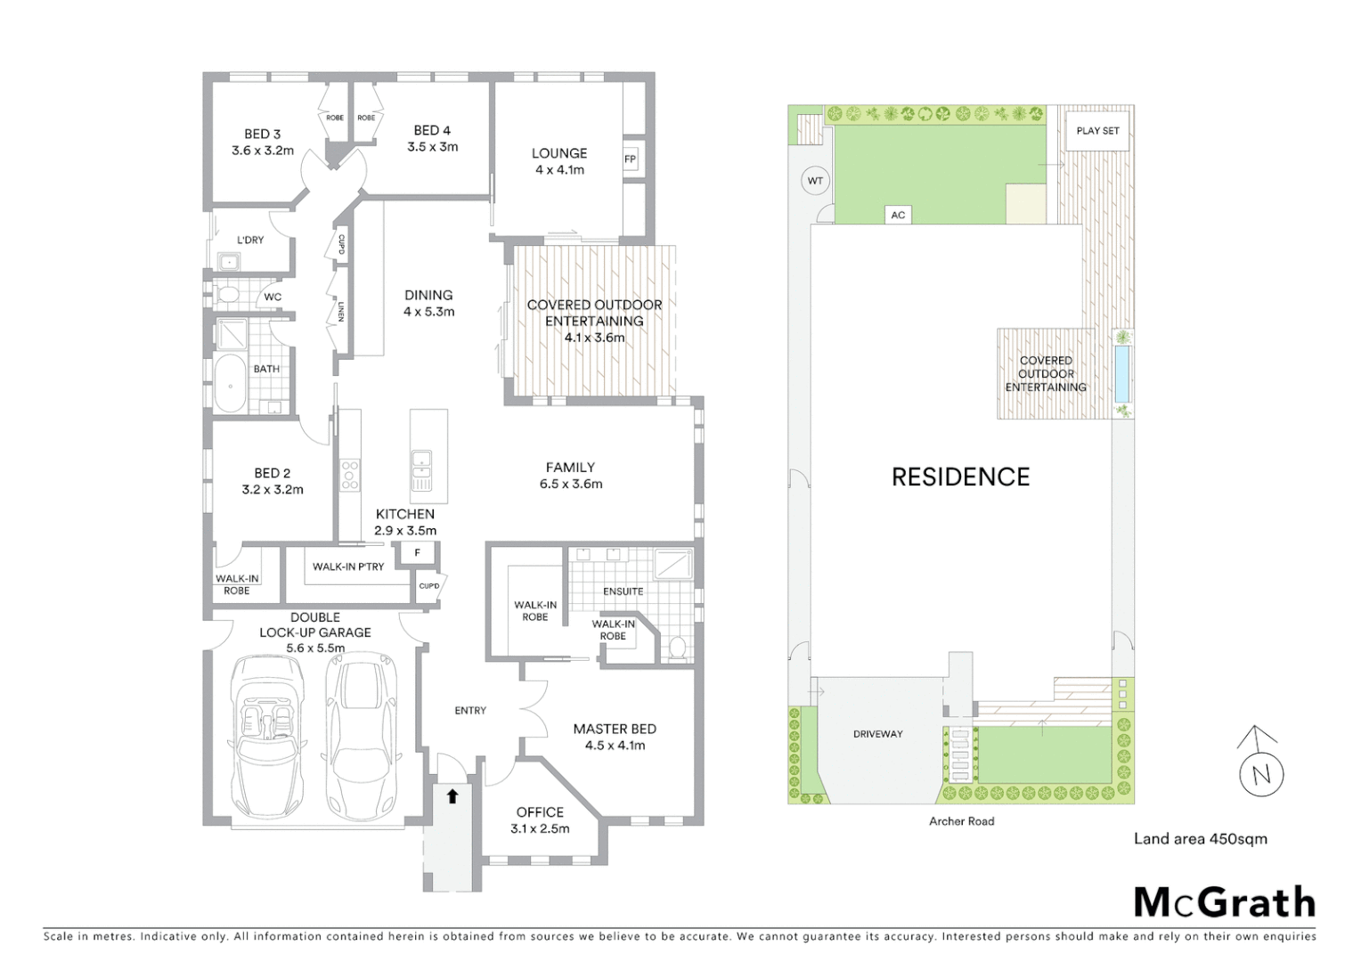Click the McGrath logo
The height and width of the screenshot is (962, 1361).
tap(1224, 902)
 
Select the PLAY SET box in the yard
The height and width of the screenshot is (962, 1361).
tap(1097, 131)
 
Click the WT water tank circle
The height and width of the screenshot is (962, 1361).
tap(815, 181)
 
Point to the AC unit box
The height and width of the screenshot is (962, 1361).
tap(898, 215)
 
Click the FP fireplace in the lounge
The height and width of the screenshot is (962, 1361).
tap(631, 160)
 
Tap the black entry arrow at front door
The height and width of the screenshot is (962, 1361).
tap(452, 795)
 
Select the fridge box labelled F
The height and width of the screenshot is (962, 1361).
tap(417, 553)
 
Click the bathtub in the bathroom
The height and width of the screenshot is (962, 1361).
tap(231, 385)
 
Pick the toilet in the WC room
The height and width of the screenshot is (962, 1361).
tap(227, 295)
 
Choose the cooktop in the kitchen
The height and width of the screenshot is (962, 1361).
tap(350, 475)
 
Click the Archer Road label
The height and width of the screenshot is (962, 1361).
tap(961, 821)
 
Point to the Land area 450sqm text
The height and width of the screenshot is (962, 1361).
tap(1200, 838)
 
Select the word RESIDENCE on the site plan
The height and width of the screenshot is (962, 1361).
tap(960, 477)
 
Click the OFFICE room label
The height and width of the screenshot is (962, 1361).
tap(540, 812)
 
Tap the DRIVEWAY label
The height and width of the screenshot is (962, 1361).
tap(878, 734)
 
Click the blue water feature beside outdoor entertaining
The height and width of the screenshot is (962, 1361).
tap(1122, 374)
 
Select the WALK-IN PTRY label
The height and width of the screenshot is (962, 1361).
tap(348, 567)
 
